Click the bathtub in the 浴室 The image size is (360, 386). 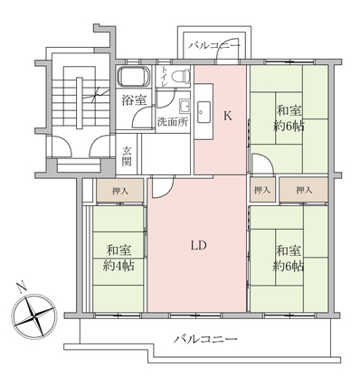pyautogui.click(x=134, y=76)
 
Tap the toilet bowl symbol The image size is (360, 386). pyautogui.click(x=182, y=77)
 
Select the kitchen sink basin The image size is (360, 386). pyautogui.click(x=204, y=112)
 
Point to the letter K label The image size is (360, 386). pyautogui.click(x=227, y=116)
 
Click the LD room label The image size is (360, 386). pyautogui.click(x=198, y=245)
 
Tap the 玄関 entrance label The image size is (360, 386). pyautogui.click(x=127, y=156)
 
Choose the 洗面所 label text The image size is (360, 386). pyautogui.click(x=172, y=122)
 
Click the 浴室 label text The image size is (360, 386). pyautogui.click(x=134, y=100)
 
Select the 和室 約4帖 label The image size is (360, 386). pyautogui.click(x=118, y=259)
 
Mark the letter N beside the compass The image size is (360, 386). pyautogui.click(x=21, y=287)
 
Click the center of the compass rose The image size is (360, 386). pyautogui.click(x=34, y=316)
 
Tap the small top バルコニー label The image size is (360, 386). pyautogui.click(x=214, y=46)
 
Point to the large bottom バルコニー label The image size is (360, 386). pyautogui.click(x=205, y=339)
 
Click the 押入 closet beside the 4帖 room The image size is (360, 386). pyautogui.click(x=119, y=191)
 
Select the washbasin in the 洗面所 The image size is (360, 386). pyautogui.click(x=184, y=107)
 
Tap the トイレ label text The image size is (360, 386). pyautogui.click(x=164, y=77)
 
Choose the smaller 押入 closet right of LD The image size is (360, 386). pyautogui.click(x=262, y=190)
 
